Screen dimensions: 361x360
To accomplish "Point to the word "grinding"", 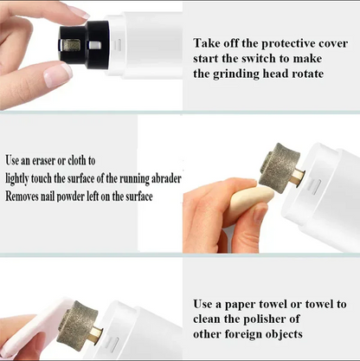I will [233, 74].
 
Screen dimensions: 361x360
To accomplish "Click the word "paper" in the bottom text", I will [241, 304].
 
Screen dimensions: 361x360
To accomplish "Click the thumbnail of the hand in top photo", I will [57, 74].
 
